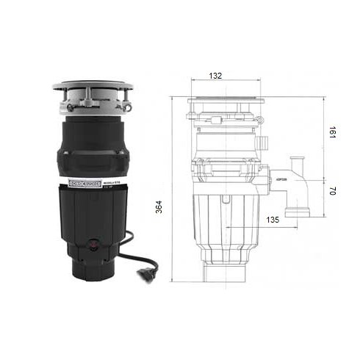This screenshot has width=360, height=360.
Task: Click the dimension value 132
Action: click(x=216, y=76)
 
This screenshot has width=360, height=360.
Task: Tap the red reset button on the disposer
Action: click(x=94, y=243)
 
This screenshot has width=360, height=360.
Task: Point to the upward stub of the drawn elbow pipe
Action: click(x=297, y=164)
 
